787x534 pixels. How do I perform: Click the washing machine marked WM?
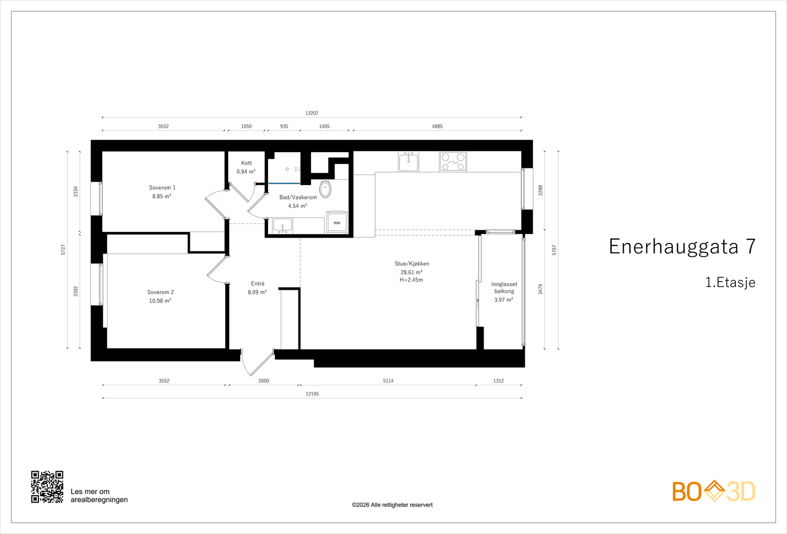337,222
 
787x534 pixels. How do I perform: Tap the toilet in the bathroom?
325,189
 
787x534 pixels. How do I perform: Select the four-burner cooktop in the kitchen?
453,162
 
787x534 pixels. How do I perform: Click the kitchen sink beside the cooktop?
408,162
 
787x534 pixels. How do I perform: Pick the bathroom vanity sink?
282,225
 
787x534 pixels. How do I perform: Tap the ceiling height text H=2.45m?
411,280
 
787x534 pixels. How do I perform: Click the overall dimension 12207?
312,113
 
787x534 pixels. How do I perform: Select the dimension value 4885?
437,126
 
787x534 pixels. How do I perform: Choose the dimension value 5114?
388,381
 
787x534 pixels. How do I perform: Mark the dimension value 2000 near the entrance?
264,381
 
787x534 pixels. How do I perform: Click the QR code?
47,487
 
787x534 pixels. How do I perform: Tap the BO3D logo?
714,491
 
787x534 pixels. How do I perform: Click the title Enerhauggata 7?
682,246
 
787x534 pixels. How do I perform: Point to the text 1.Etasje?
730,283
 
